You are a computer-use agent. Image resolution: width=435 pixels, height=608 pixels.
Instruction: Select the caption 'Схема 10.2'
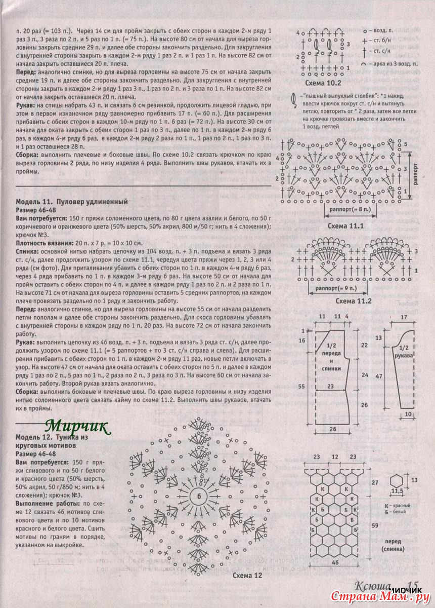[323, 83]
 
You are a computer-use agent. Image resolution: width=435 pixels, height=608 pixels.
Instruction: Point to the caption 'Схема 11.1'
[346, 226]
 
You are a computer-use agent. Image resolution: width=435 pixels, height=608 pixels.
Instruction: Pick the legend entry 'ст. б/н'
[386, 41]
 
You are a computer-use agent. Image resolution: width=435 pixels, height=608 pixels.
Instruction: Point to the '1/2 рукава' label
[404, 352]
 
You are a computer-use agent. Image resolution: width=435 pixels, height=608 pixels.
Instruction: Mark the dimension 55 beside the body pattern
[302, 386]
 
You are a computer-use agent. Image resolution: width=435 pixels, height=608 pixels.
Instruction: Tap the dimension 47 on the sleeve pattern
[377, 377]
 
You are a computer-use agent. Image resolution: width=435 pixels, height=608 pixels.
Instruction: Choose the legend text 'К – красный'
[397, 506]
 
